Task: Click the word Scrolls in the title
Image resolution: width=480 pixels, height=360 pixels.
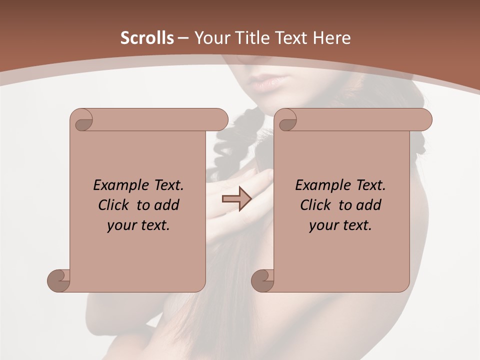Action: point(147,38)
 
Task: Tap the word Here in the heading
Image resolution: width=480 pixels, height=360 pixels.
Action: point(331,38)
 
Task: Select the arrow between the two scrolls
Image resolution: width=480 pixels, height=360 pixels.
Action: point(236,199)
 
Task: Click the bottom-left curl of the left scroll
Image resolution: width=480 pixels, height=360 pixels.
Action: point(59,280)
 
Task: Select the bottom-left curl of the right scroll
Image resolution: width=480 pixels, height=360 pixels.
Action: point(263,280)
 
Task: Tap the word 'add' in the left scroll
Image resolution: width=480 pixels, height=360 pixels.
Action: point(167,205)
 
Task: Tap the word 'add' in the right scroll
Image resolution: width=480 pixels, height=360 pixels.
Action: point(369,205)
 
